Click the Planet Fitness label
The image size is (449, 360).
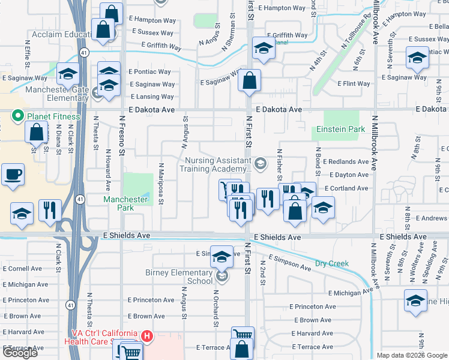pos(52,116)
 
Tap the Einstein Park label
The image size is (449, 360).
pos(340,130)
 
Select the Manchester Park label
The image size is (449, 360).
pos(125,203)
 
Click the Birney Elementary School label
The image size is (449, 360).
pos(179,277)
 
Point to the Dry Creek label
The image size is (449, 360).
pos(331,263)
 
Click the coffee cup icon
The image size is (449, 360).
pos(13,176)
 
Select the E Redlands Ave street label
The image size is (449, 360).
pos(345,162)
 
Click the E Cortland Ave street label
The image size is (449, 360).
pos(346,188)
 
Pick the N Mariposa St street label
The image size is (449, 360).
pos(161,184)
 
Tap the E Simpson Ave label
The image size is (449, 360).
pos(290,262)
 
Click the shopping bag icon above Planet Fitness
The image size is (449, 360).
pos(37,132)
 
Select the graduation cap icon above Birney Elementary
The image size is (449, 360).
pos(221,257)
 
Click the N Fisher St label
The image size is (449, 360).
pos(279,166)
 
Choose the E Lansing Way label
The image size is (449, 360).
pos(152,97)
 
